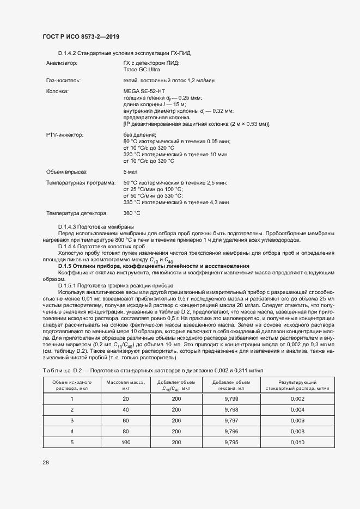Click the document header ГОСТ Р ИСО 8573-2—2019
81,36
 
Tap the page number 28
46,462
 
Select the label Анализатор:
62,64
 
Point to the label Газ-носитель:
63,81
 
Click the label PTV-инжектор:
65,134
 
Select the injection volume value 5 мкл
131,172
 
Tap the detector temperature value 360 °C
132,213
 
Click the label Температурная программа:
81,182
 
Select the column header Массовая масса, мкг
125,385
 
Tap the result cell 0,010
297,443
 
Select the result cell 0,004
297,409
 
